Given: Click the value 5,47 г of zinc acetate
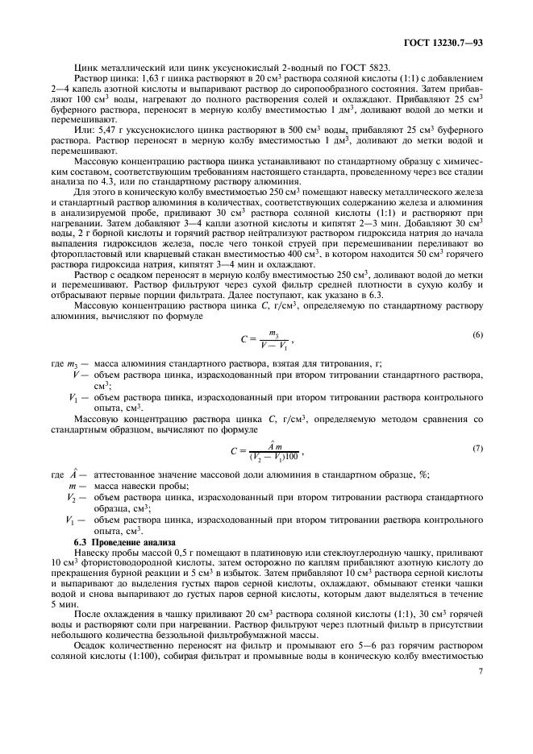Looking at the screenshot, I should coord(113,129).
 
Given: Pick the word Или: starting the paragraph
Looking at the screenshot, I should coord(84,129).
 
